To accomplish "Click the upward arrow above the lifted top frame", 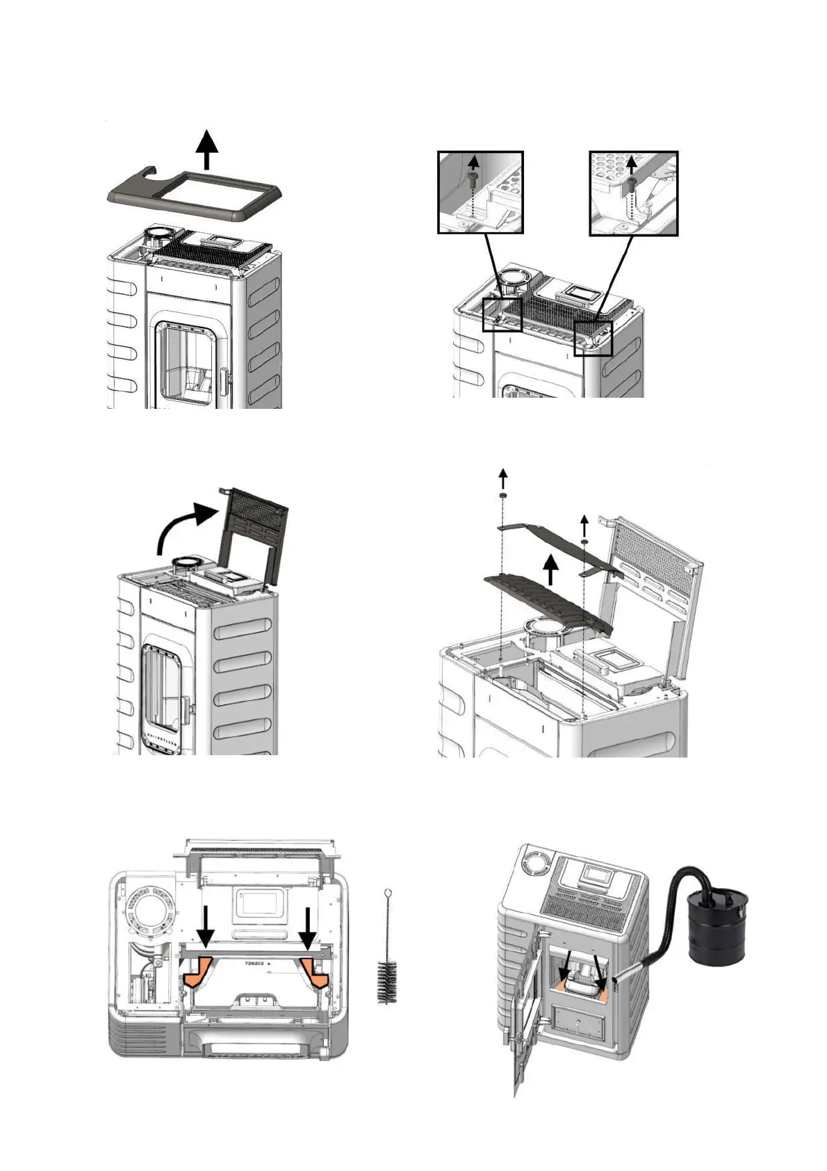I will [206, 150].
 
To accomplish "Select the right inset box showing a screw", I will [633, 193].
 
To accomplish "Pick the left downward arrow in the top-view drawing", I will [206, 926].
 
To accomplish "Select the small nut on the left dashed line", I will [502, 494].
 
